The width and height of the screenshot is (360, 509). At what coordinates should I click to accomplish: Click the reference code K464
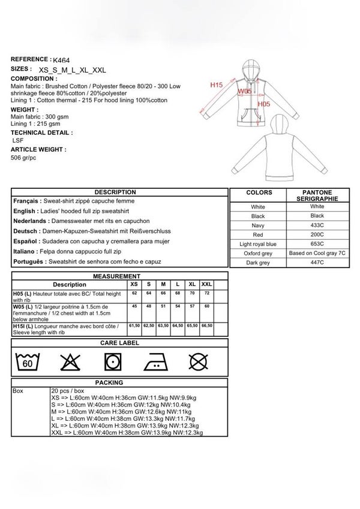(x=61, y=61)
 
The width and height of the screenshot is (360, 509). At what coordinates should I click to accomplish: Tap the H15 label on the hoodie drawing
(x=217, y=86)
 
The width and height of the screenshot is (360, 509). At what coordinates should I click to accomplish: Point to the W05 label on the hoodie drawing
(x=244, y=91)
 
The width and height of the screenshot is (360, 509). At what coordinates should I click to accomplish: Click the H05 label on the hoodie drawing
(x=265, y=104)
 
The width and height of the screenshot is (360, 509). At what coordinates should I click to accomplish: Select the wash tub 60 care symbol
(x=27, y=362)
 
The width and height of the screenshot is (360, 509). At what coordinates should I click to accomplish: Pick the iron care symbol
(x=154, y=362)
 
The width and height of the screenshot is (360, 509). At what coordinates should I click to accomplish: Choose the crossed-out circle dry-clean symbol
(x=198, y=362)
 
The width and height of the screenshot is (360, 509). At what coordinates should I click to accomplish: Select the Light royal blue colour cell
(x=257, y=245)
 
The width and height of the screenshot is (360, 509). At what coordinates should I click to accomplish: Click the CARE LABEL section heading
(x=120, y=343)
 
